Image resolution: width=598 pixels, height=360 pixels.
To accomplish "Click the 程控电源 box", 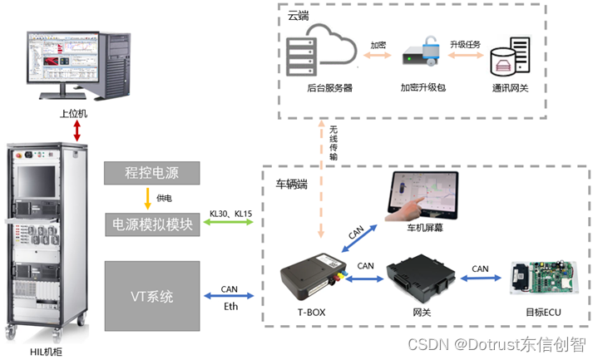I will [x=153, y=174].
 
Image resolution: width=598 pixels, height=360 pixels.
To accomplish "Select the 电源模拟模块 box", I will [x=153, y=224].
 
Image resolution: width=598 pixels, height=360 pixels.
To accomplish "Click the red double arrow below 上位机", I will [x=77, y=130].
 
